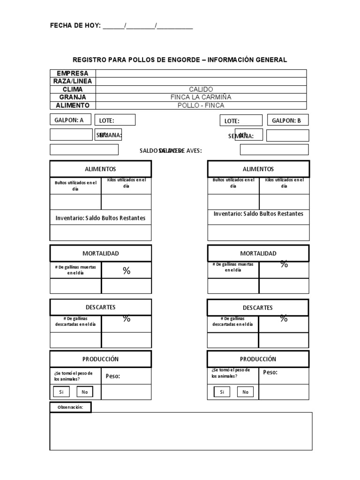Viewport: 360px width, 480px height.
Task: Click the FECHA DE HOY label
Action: click(x=75, y=26)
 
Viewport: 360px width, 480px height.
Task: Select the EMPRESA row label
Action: click(x=73, y=74)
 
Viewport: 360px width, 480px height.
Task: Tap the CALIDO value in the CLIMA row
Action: click(x=201, y=89)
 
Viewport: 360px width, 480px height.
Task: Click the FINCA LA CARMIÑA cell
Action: click(x=201, y=97)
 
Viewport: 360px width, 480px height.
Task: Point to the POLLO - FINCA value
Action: click(x=201, y=105)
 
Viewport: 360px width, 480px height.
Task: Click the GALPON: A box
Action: click(x=71, y=120)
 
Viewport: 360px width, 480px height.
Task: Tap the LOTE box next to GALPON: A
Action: click(x=115, y=120)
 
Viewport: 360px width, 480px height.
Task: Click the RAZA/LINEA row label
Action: click(x=73, y=81)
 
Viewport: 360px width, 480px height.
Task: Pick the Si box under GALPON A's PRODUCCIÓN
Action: click(x=61, y=392)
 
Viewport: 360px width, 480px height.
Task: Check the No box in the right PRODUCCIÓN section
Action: click(x=246, y=392)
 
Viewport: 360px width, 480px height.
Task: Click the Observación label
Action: click(x=70, y=407)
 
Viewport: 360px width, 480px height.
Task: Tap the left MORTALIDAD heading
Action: click(x=101, y=253)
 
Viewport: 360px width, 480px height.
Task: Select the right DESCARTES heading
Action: click(x=258, y=307)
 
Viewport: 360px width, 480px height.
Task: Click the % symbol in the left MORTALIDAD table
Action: click(x=127, y=270)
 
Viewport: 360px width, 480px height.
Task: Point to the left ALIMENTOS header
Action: click(x=101, y=169)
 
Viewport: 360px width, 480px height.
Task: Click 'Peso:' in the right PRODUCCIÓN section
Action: click(x=270, y=372)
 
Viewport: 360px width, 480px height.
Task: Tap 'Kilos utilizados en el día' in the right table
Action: click(x=284, y=183)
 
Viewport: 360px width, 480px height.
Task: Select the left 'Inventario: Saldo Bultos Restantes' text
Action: click(x=100, y=218)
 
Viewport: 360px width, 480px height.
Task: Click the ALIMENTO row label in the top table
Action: click(x=73, y=105)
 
